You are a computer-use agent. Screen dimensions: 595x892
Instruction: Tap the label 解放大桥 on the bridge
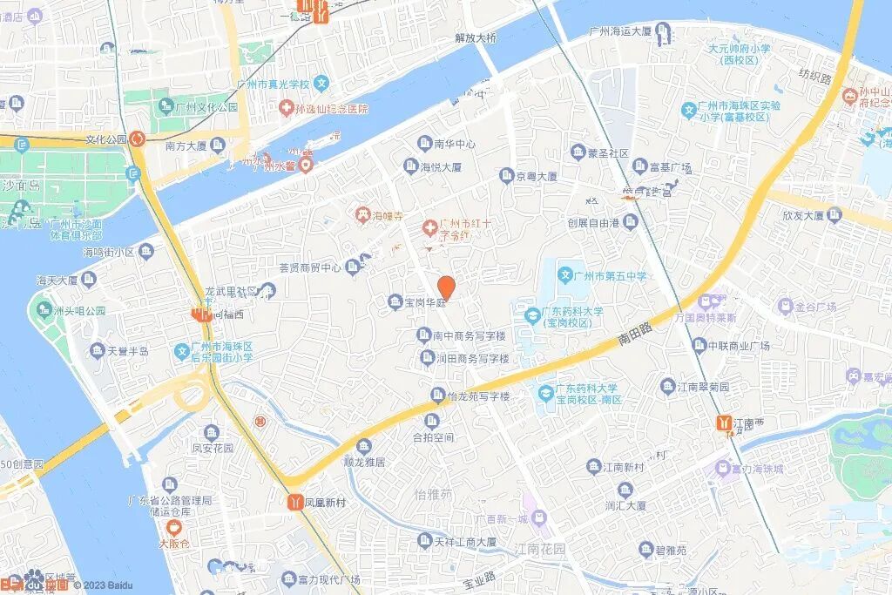476,37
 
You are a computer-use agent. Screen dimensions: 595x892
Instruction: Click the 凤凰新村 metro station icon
295,503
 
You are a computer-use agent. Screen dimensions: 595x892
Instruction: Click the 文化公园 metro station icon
137,139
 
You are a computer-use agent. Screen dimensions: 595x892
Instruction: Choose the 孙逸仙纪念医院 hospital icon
286,109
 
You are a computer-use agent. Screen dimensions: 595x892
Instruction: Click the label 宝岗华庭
425,302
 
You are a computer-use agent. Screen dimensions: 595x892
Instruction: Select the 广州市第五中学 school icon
565,276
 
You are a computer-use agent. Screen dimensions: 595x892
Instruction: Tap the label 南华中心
455,144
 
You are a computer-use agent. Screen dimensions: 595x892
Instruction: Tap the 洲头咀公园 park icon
40,310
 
